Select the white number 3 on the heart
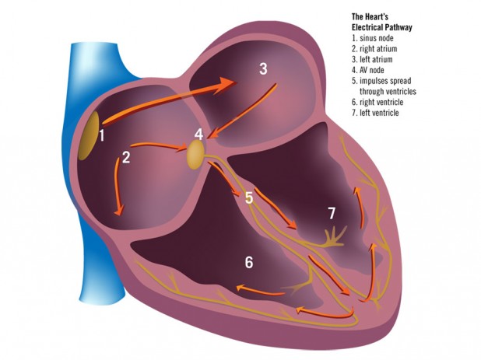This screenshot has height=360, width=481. click(263, 68)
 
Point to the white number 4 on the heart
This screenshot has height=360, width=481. click(198, 134)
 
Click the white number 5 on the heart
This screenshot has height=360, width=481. click(248, 197)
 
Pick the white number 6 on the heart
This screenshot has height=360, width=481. click(249, 263)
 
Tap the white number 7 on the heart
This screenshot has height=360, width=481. click(332, 211)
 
